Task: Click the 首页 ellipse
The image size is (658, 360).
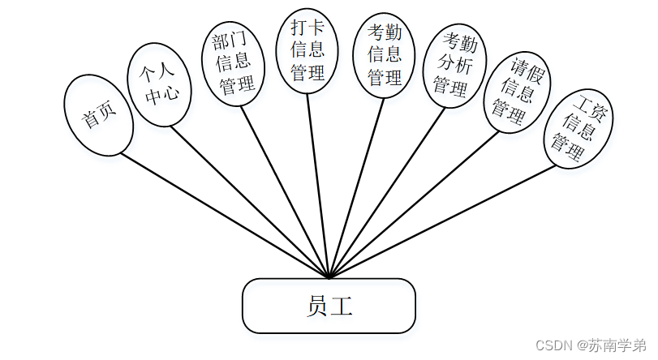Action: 97,115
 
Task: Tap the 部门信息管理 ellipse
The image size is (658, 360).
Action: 233,62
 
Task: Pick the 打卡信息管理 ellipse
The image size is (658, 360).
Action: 307,50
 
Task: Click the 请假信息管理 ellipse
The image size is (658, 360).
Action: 514,92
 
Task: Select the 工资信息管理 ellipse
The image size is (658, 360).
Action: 578,127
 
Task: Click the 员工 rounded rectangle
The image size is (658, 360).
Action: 329,306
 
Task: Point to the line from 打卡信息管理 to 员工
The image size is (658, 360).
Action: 318,186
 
